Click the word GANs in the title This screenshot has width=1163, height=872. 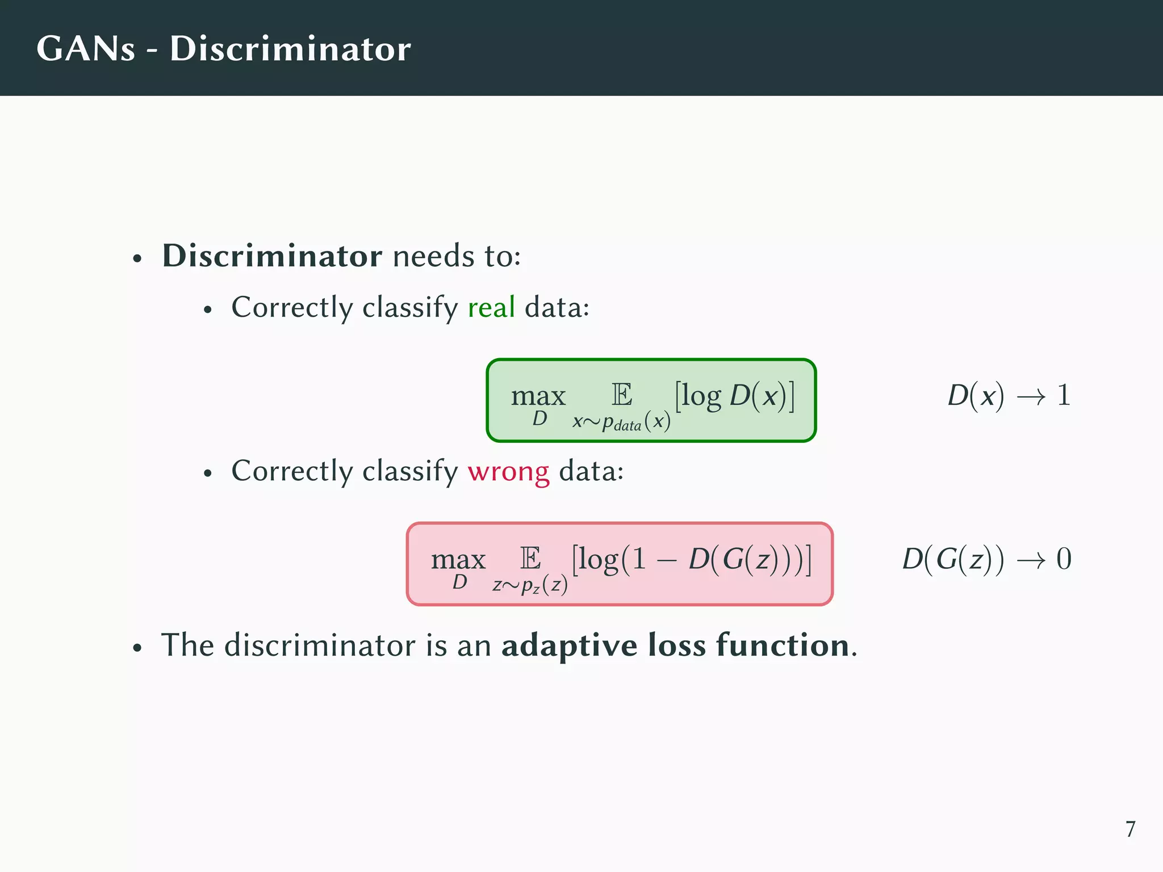[x=86, y=49]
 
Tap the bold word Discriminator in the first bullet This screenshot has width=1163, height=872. [x=272, y=256]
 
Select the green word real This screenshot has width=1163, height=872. [x=491, y=308]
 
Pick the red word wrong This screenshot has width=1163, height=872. [x=508, y=472]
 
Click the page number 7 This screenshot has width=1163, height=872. [x=1130, y=829]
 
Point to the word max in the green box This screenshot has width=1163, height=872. [x=538, y=396]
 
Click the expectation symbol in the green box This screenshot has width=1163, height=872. [x=622, y=395]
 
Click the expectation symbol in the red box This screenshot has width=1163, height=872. [x=530, y=559]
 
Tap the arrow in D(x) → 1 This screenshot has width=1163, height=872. [x=1031, y=397]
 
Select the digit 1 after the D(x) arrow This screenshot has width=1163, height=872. [x=1064, y=395]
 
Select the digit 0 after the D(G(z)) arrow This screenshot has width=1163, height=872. [x=1064, y=559]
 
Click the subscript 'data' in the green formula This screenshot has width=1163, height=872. [x=627, y=426]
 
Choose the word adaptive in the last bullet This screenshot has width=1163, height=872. [x=570, y=646]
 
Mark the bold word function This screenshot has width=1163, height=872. [x=783, y=645]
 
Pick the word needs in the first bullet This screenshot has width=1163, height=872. [x=433, y=257]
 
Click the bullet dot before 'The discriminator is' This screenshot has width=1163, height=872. [x=137, y=648]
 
